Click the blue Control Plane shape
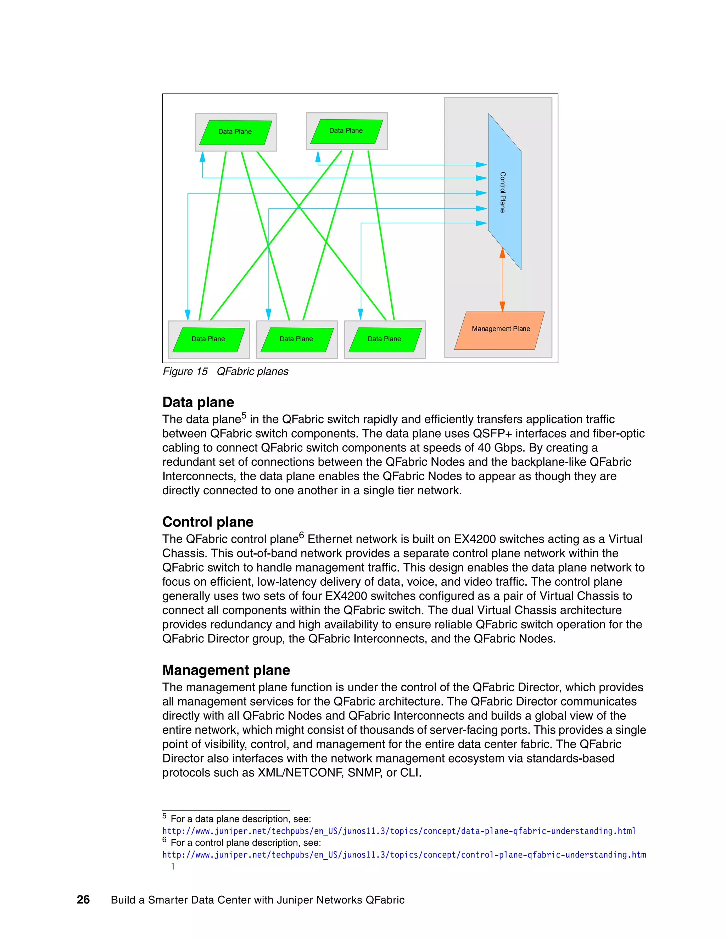(504, 192)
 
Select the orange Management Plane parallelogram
(500, 330)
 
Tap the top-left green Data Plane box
(235, 132)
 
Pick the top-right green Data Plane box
(346, 131)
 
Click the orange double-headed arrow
(502, 280)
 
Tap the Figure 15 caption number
(202, 371)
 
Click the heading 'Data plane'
(198, 402)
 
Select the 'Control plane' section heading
(208, 522)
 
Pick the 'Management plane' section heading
(226, 670)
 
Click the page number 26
(83, 900)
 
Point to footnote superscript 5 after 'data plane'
(244, 415)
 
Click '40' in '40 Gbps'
(484, 448)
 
